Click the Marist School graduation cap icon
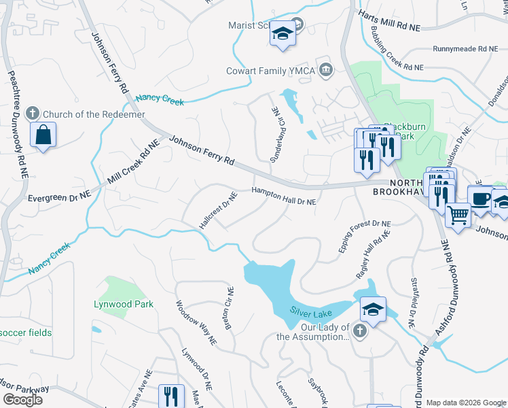tap(282, 34)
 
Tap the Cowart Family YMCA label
tap(272, 71)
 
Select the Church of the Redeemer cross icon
tap(31, 114)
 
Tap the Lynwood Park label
tap(124, 305)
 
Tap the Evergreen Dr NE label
tap(59, 197)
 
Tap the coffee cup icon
tap(480, 198)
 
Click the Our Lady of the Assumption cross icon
tap(360, 331)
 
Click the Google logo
tap(22, 399)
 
